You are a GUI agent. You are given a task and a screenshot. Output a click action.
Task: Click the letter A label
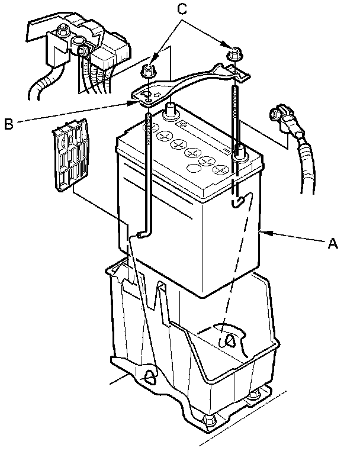click(x=333, y=243)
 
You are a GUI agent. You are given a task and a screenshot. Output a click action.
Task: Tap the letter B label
click(x=9, y=124)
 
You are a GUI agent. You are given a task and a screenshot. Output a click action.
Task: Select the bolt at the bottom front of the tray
click(x=208, y=421)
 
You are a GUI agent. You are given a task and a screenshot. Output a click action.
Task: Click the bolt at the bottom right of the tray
click(x=255, y=396)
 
